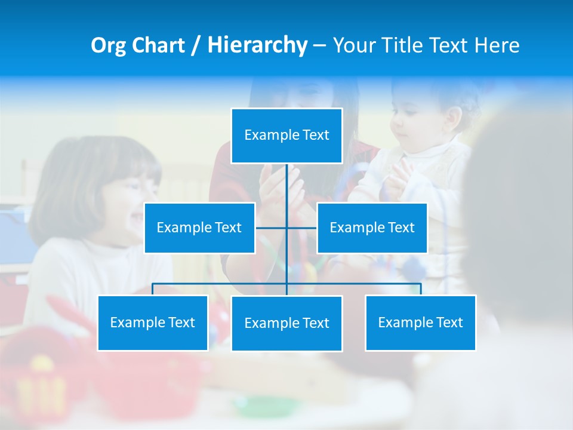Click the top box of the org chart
click(x=286, y=136)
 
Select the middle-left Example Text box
click(x=199, y=228)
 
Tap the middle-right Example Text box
click(x=372, y=228)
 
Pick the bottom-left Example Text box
click(x=153, y=322)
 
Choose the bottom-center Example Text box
click(x=286, y=323)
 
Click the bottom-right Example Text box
click(x=420, y=322)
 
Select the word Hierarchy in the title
click(x=257, y=45)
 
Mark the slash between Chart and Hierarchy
click(x=195, y=46)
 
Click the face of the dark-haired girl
click(x=128, y=197)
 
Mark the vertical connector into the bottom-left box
click(x=153, y=289)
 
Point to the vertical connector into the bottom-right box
click(x=421, y=289)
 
